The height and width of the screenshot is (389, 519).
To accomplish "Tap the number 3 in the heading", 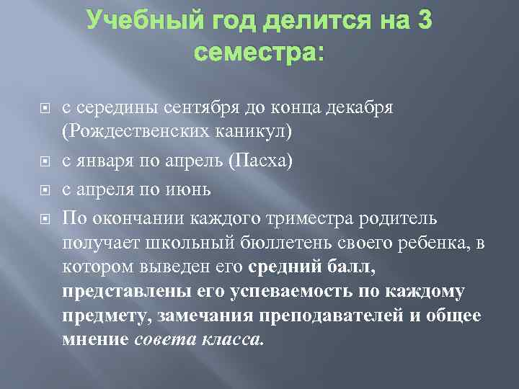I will point(423,21).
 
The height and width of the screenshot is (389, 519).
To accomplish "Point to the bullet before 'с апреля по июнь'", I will point(45,191).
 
